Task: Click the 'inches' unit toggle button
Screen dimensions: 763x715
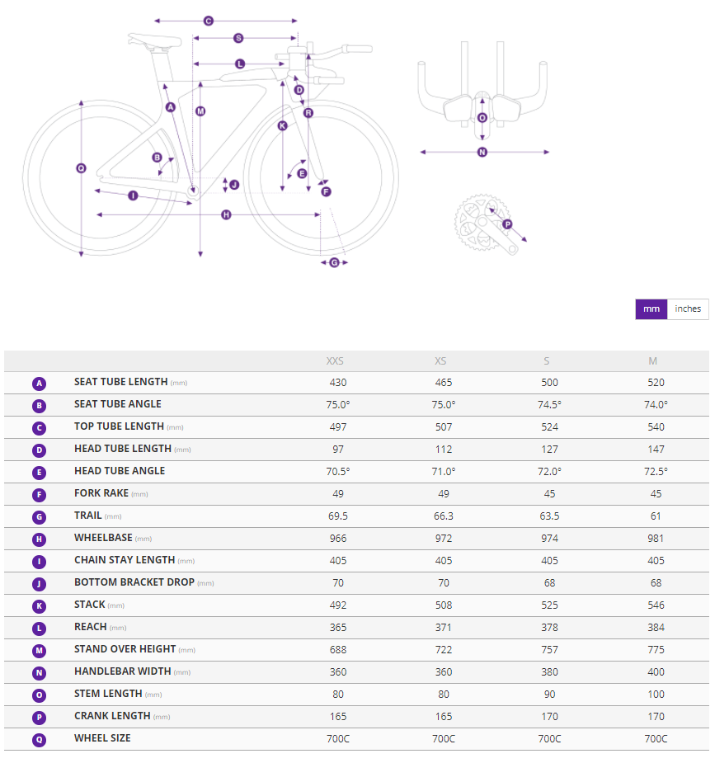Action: tap(688, 308)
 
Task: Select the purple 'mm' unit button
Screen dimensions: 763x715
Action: tap(651, 308)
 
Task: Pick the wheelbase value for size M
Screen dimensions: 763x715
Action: tap(656, 538)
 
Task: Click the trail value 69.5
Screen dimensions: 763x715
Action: tap(337, 516)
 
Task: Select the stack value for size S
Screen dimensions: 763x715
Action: tap(549, 605)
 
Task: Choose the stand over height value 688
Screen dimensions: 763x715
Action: tap(337, 649)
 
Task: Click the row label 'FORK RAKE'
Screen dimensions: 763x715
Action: tap(102, 493)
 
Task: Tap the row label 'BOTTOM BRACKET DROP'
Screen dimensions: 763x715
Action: tap(134, 582)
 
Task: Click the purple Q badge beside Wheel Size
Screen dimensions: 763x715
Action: tap(39, 739)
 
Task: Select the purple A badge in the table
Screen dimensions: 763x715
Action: tap(39, 384)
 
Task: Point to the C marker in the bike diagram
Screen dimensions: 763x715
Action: tap(208, 21)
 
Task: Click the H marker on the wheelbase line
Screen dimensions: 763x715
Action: tap(226, 214)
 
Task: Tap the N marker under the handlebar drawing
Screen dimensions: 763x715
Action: tap(482, 152)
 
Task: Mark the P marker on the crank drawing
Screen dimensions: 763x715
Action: tap(507, 224)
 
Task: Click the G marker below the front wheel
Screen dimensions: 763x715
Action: tap(334, 262)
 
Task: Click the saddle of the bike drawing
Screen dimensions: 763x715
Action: tap(153, 39)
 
